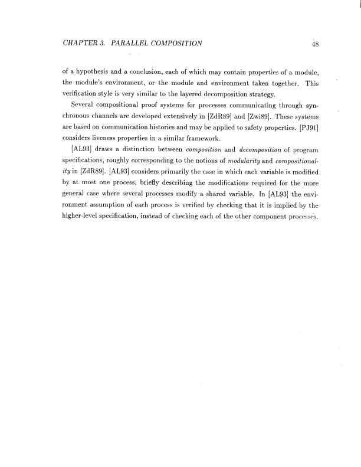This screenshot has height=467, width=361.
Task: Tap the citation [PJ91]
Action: [x=306, y=125]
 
